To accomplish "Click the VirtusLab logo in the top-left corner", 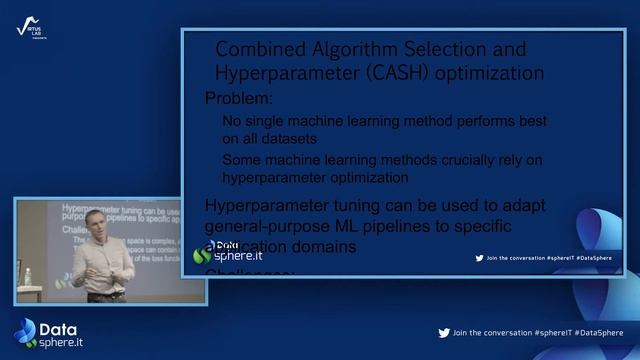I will click(x=29, y=28).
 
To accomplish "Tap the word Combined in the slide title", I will click(x=253, y=49).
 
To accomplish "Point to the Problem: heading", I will click(x=238, y=98).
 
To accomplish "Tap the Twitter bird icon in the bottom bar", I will click(x=444, y=332).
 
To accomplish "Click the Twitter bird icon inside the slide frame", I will click(x=479, y=258).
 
